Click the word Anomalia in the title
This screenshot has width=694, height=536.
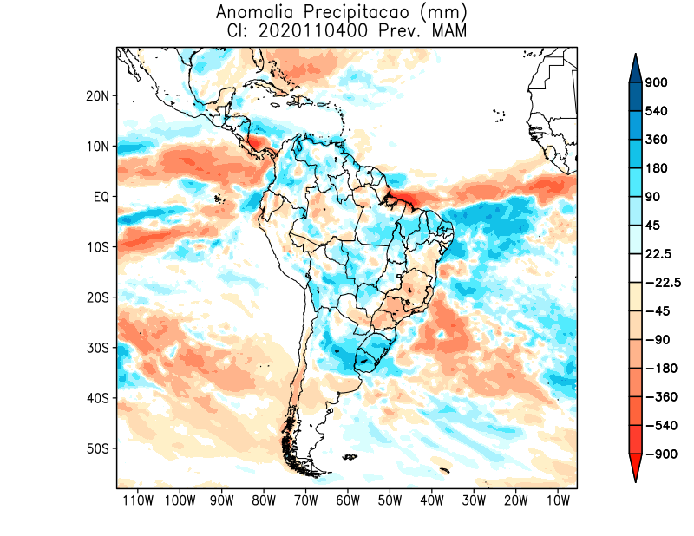click(x=253, y=13)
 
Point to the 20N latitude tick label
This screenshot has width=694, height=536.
click(x=97, y=95)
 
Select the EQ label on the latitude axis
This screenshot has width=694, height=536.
click(x=101, y=197)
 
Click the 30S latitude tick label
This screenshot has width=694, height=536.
click(x=98, y=348)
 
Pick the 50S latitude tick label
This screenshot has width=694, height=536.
click(x=98, y=448)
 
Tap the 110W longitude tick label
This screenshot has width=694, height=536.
click(x=137, y=500)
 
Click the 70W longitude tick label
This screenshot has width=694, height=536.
click(x=305, y=500)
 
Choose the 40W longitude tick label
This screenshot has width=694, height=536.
click(x=432, y=500)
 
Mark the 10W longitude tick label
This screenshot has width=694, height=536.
click(x=558, y=500)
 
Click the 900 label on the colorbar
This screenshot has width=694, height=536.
click(x=657, y=83)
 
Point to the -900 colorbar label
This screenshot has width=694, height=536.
click(x=660, y=454)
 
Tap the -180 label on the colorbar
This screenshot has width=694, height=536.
click(x=660, y=368)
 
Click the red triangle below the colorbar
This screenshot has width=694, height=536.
click(x=634, y=467)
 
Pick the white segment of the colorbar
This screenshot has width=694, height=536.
click(x=634, y=268)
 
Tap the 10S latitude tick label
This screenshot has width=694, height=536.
click(x=98, y=247)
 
